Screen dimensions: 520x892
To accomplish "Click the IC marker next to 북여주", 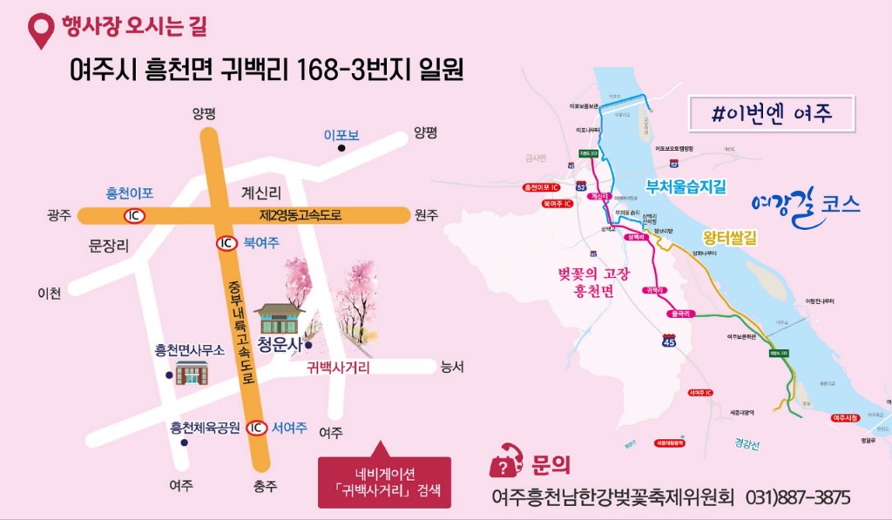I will tap(226, 243).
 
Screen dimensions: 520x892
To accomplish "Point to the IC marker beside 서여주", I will tap(256, 428).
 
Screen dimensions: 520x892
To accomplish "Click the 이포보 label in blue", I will tap(341, 135).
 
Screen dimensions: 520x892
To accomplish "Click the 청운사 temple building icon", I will tap(279, 318).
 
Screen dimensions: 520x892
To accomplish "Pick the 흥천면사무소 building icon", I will tap(192, 373).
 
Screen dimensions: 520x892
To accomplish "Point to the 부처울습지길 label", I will tap(685, 186).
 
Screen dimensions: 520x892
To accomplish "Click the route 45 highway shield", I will tap(669, 341).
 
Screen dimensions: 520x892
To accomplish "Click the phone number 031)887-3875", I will tap(798, 497).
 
